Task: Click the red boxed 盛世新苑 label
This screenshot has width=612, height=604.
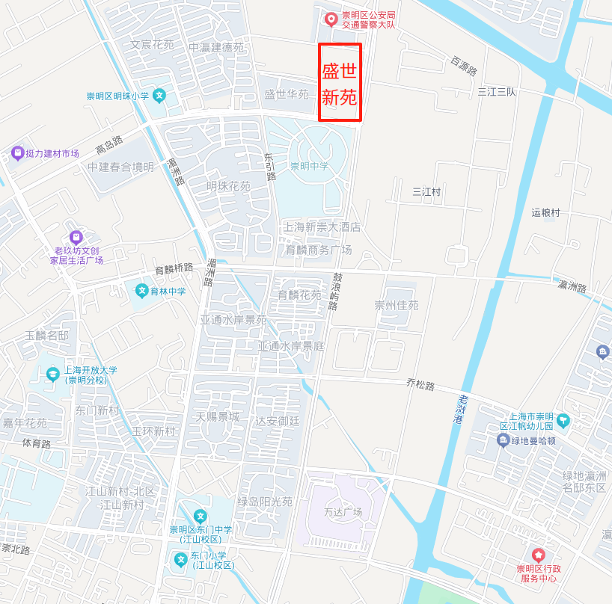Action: (340, 83)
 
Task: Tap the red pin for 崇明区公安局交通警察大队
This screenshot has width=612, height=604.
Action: (330, 19)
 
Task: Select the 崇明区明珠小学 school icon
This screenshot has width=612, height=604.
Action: (159, 96)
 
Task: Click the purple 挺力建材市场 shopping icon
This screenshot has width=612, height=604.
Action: (17, 153)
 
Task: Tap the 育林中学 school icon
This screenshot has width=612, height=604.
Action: (141, 291)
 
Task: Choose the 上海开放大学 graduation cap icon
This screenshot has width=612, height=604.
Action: (52, 374)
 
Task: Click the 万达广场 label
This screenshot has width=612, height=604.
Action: (343, 512)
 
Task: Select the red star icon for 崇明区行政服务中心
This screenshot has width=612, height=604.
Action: (537, 555)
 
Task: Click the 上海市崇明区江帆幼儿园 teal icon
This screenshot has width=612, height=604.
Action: (563, 421)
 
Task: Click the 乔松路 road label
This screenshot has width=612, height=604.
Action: (420, 385)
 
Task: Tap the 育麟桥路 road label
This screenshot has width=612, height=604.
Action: (174, 268)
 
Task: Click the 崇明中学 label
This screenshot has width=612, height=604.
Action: (309, 166)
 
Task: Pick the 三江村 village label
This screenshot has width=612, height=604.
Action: (426, 192)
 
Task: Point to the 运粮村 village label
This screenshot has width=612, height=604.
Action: (545, 212)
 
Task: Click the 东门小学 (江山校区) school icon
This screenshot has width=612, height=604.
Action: (180, 559)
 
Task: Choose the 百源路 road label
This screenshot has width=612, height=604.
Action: (464, 65)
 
